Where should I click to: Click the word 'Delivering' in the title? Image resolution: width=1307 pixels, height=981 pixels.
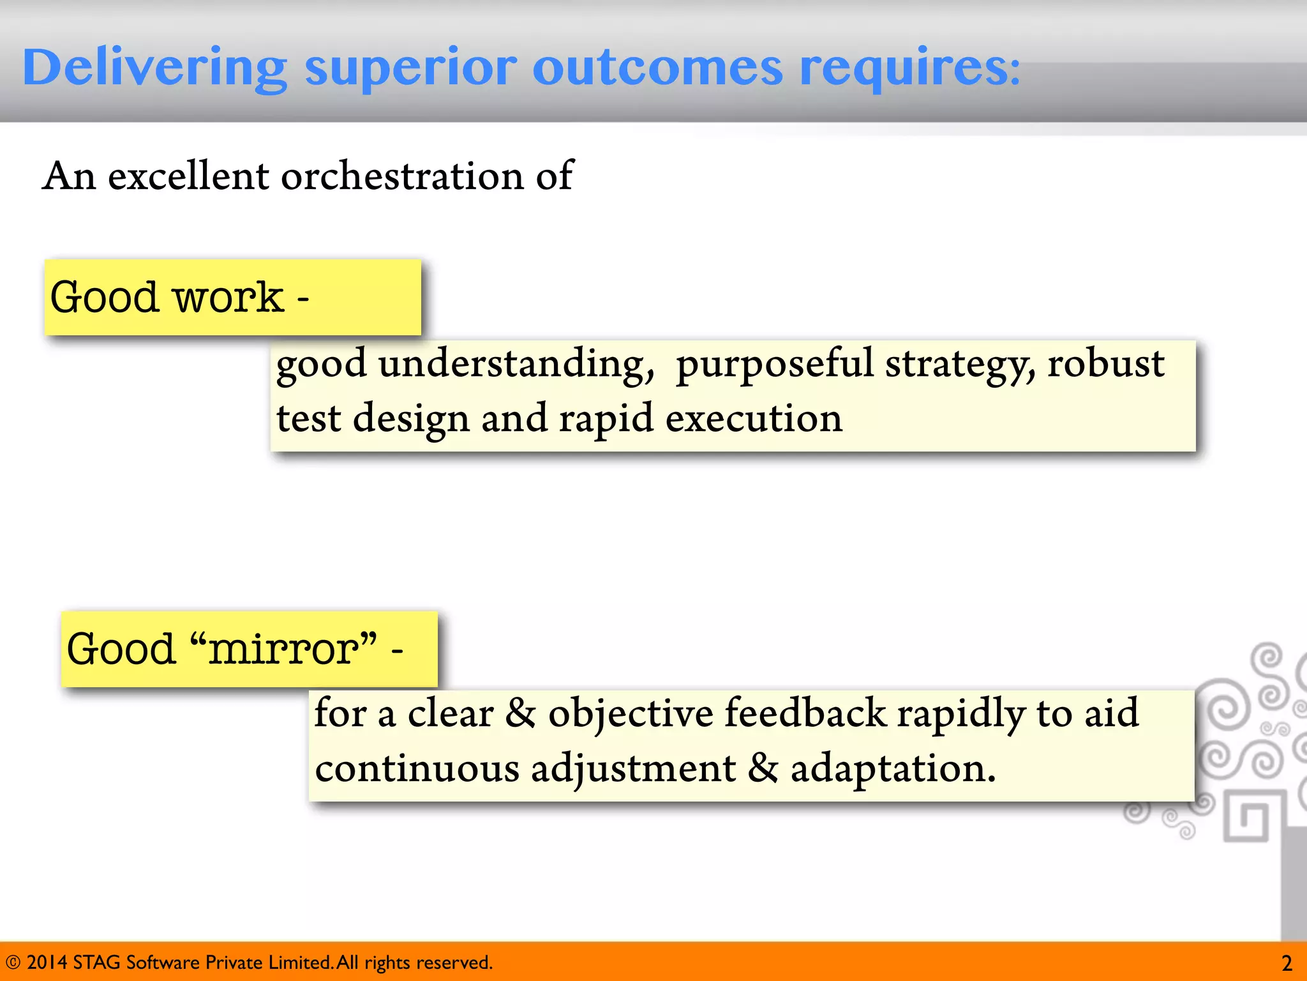coord(154,68)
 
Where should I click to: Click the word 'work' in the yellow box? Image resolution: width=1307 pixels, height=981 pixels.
coord(228,298)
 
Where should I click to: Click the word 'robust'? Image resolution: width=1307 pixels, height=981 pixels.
coord(1105,364)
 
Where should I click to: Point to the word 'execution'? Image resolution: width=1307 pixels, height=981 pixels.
coord(754,420)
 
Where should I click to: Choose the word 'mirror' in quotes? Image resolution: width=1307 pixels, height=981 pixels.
coord(284,650)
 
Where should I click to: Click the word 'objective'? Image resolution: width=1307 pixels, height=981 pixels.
coord(631,713)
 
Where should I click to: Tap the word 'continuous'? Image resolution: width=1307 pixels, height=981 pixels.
coord(417,768)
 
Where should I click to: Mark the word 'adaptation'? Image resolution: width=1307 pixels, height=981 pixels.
coord(892,768)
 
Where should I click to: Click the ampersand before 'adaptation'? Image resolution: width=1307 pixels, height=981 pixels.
coord(763,768)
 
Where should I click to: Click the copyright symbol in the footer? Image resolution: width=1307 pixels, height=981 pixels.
coord(13,962)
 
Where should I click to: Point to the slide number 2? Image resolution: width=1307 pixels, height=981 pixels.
coord(1287,963)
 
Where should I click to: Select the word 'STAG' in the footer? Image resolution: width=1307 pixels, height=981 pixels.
coord(96,962)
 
